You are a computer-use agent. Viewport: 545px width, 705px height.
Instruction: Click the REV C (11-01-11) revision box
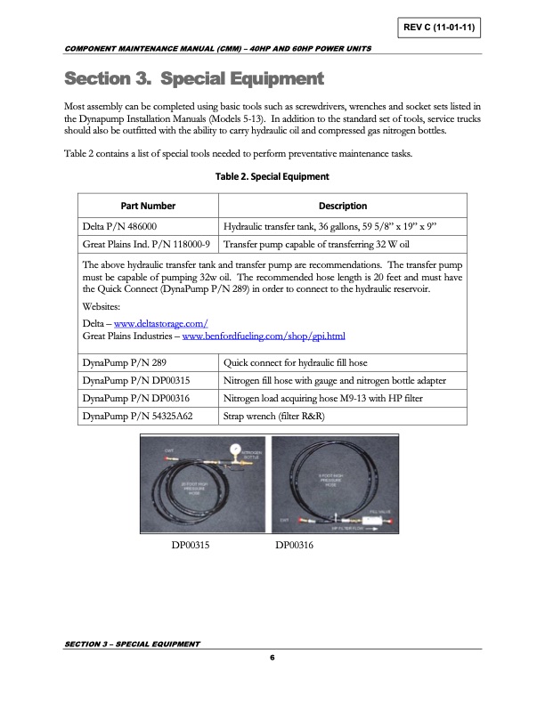tap(439, 28)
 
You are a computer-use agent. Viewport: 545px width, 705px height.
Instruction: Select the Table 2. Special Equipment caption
tap(272, 176)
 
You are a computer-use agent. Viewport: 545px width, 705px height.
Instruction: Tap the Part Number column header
tap(148, 206)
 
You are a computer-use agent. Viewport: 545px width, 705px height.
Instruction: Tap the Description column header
tap(342, 206)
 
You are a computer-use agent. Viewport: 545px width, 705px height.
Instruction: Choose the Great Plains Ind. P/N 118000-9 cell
tap(146, 243)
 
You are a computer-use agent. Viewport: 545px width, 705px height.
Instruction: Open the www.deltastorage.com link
tap(155, 322)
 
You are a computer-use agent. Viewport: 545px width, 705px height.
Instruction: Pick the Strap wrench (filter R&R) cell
tap(274, 415)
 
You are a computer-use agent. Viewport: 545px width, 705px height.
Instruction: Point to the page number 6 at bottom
tap(272, 657)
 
